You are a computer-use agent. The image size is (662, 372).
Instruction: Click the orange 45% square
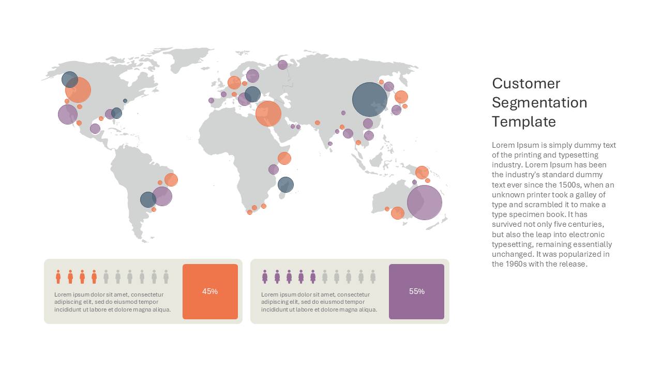[210, 291]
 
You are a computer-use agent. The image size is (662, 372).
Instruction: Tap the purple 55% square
[416, 291]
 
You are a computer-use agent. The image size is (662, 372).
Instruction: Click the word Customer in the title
[526, 84]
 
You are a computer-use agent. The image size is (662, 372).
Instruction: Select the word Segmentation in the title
[539, 103]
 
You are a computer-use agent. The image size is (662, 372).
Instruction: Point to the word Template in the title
[524, 121]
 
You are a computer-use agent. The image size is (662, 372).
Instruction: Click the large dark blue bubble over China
[370, 99]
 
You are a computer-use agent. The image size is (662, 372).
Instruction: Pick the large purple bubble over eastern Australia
[425, 202]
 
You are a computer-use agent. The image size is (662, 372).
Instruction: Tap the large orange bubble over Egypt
[268, 114]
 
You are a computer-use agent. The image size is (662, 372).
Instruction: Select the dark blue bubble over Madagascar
[285, 184]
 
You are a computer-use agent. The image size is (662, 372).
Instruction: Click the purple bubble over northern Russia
[282, 65]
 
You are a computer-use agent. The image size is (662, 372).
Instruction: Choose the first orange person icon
[58, 276]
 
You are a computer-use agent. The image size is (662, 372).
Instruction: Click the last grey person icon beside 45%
[166, 276]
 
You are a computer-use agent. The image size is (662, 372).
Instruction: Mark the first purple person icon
[265, 276]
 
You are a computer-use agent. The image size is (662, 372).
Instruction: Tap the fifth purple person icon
[313, 276]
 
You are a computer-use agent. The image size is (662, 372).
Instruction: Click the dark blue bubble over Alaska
[70, 80]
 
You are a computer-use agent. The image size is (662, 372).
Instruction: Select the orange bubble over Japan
[401, 97]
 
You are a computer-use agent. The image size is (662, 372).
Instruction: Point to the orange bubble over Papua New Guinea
[422, 173]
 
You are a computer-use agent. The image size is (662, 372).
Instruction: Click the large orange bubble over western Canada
[78, 90]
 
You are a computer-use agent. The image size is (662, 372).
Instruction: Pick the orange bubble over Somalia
[284, 158]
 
